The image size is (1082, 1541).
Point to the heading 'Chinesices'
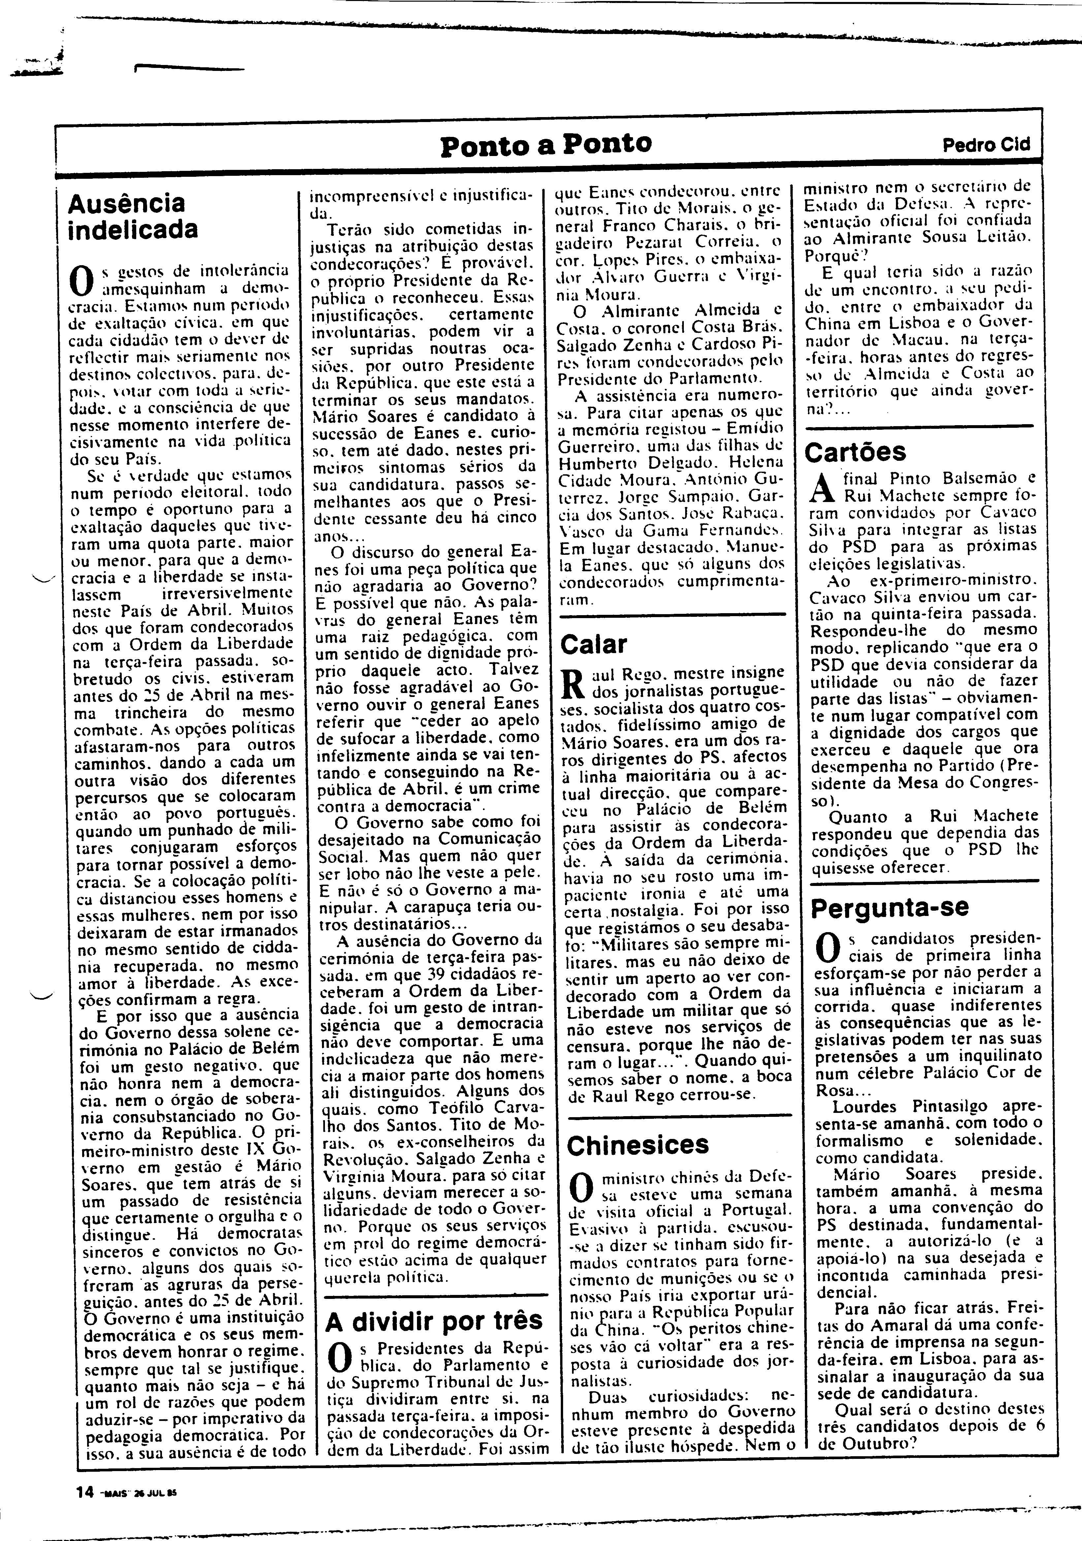coord(638,1145)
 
